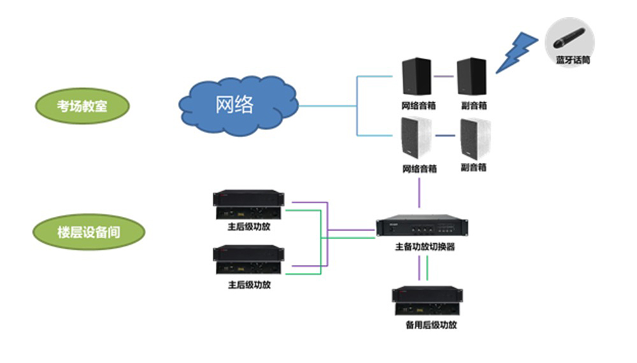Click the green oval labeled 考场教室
(82, 106)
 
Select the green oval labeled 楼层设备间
(89, 232)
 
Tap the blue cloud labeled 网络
(238, 106)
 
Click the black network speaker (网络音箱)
(417, 76)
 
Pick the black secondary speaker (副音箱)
(471, 76)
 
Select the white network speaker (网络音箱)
(416, 138)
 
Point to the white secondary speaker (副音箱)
(475, 139)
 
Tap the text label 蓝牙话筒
(573, 60)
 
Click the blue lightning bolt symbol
(517, 52)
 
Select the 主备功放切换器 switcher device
(422, 225)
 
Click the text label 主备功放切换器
(425, 246)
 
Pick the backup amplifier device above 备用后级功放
(427, 301)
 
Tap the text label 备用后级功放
(431, 325)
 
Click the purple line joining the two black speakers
(443, 76)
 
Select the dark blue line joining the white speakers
(445, 136)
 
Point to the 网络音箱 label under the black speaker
(419, 106)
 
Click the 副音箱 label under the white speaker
(474, 167)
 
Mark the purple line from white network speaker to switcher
(419, 193)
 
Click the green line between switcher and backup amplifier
(427, 268)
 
